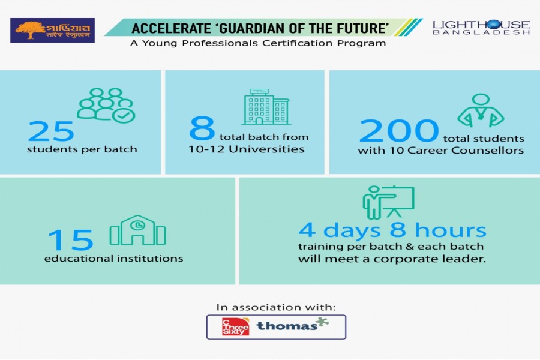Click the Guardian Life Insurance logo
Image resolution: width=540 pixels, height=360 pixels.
[x=52, y=31]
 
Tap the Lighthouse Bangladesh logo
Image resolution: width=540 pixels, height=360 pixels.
[x=481, y=27]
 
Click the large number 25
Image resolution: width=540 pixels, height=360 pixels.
[x=51, y=130]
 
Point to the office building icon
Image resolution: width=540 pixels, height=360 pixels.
[x=265, y=107]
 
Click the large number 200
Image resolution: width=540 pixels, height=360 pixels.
[x=399, y=130]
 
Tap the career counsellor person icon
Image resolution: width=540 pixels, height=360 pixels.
[x=481, y=110]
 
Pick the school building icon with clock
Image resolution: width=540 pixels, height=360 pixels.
[x=137, y=230]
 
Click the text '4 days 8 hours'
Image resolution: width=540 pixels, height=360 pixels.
[x=392, y=230]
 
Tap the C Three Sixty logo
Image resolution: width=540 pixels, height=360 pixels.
[x=235, y=326]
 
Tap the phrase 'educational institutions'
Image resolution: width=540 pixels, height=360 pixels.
[x=113, y=259]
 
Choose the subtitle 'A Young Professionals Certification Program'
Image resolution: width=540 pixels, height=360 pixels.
[x=258, y=43]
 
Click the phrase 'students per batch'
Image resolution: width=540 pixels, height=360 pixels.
[x=82, y=149]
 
